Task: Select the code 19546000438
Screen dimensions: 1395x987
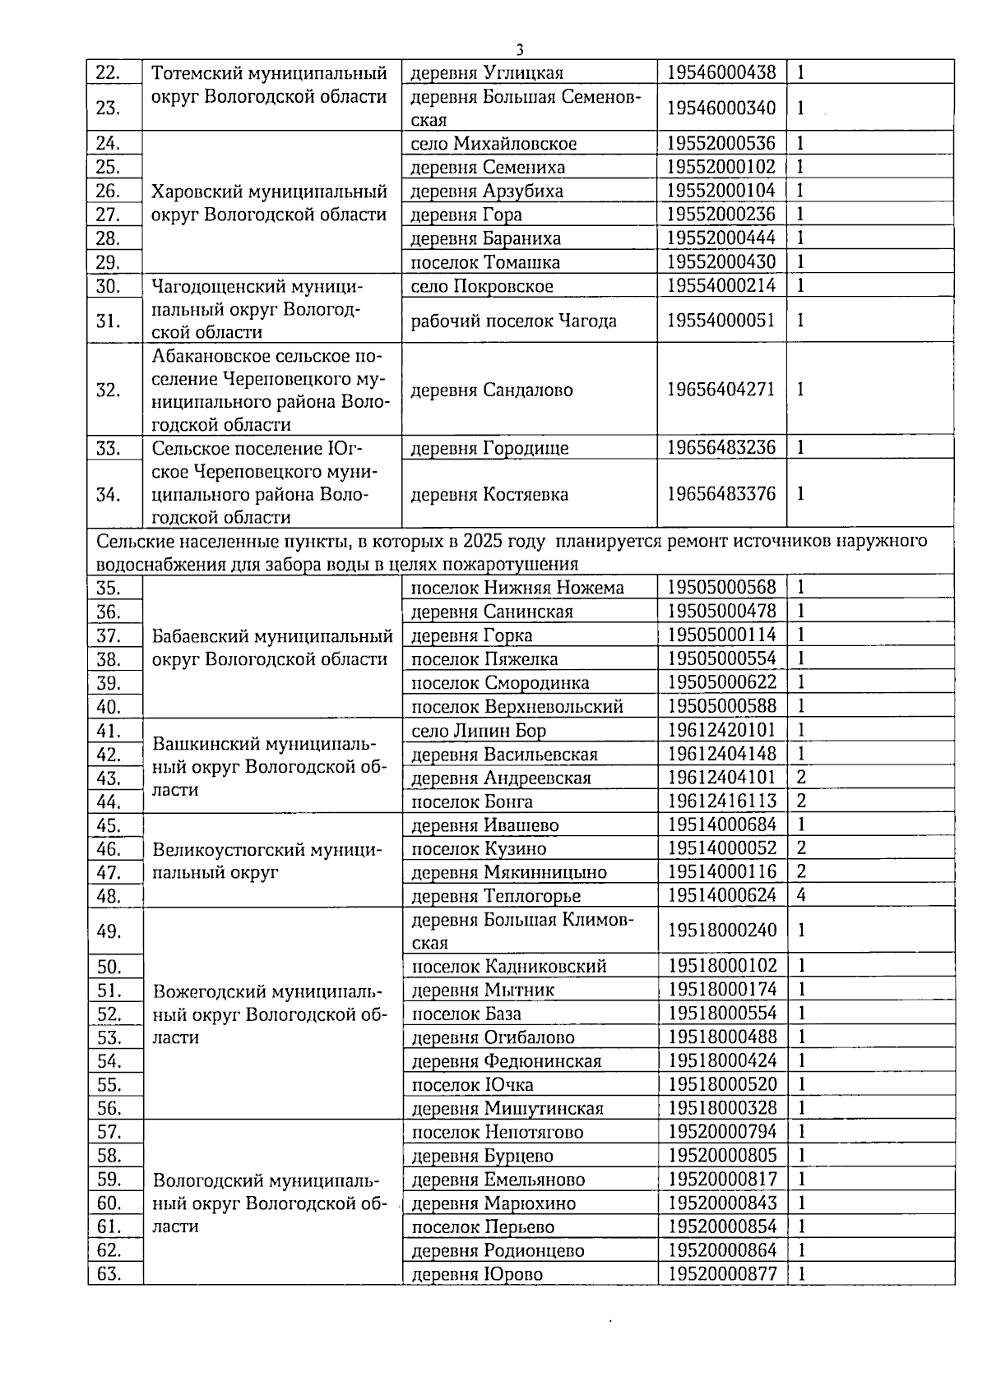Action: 721,72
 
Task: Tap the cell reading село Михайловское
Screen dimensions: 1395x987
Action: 493,144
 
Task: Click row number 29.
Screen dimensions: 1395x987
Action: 109,263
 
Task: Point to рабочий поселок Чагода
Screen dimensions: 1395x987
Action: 513,321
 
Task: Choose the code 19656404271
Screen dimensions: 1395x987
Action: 721,389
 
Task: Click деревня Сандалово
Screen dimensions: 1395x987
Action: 491,390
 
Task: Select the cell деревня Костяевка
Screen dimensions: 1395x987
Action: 489,495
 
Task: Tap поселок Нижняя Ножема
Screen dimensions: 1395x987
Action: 517,588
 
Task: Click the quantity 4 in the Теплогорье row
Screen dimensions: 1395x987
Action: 801,895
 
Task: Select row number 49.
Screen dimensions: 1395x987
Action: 109,931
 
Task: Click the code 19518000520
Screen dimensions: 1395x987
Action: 722,1084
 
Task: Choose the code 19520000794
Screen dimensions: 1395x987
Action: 722,1132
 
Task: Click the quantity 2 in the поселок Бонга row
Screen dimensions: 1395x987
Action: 801,801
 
